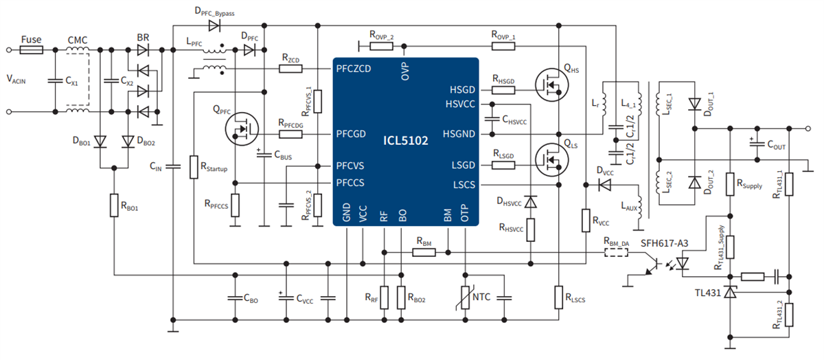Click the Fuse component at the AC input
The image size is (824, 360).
[x=32, y=50]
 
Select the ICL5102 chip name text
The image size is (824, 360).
[x=405, y=141]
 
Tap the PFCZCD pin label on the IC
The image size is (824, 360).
[x=354, y=69]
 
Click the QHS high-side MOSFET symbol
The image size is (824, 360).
[x=553, y=85]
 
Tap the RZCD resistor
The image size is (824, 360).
[x=291, y=69]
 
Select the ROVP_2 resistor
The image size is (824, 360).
[x=381, y=46]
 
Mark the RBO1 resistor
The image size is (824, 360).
[x=114, y=205]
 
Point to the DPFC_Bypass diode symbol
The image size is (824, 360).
[x=214, y=26]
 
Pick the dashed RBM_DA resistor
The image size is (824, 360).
[x=615, y=252]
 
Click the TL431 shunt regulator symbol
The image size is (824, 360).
[x=731, y=293]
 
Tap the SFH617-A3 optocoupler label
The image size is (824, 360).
[x=663, y=244]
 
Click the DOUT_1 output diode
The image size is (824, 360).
[x=695, y=104]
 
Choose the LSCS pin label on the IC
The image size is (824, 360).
[x=463, y=185]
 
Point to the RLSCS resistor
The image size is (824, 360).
[x=559, y=297]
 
